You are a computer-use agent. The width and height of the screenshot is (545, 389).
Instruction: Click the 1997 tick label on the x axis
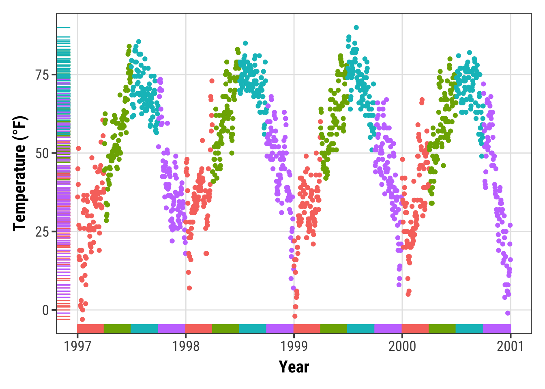point(77,346)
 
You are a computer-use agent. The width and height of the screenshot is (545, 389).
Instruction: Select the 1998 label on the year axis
point(186,346)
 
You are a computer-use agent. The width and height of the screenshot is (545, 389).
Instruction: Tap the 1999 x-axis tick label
point(294,346)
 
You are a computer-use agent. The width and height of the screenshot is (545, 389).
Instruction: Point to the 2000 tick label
point(402,346)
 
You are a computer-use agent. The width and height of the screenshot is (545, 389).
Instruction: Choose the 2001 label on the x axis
point(511,346)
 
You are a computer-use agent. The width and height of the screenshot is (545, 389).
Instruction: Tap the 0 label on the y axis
point(46,310)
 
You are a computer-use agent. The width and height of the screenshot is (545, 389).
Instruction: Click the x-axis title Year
point(294,367)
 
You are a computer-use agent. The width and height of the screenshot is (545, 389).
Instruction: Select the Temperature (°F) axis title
point(19,173)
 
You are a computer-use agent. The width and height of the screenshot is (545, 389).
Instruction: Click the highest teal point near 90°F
point(356,28)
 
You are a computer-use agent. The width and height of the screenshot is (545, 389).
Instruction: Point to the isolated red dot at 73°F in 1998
point(212,81)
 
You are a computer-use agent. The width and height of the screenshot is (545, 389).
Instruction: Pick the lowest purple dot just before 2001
point(508,313)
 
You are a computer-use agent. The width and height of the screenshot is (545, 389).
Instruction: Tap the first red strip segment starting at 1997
point(90,329)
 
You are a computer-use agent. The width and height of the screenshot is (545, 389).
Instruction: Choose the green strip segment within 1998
point(225,329)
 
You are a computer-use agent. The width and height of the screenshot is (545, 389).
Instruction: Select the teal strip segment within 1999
point(361,329)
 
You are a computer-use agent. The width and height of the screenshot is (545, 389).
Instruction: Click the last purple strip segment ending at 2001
point(497,329)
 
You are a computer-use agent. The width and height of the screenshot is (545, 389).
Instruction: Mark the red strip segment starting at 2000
point(415,329)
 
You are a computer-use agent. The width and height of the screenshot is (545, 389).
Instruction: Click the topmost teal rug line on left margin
point(63,28)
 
